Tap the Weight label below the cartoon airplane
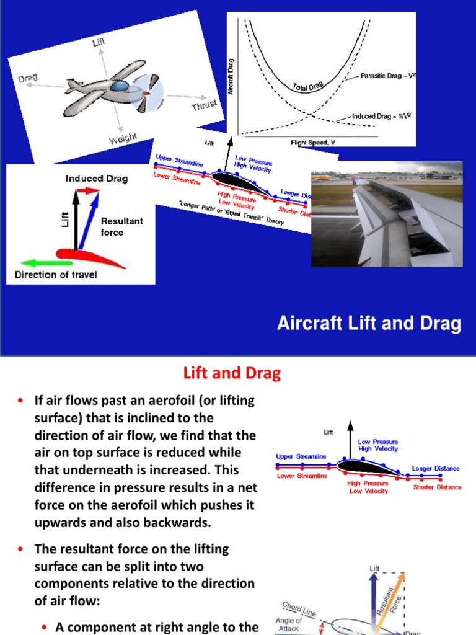(x=123, y=139)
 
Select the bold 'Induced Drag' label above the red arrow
(x=97, y=179)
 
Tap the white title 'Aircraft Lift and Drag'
(x=368, y=323)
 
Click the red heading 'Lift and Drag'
(x=232, y=373)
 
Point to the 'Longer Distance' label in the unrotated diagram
(x=436, y=469)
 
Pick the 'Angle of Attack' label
(x=289, y=624)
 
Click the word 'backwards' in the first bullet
(x=177, y=523)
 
